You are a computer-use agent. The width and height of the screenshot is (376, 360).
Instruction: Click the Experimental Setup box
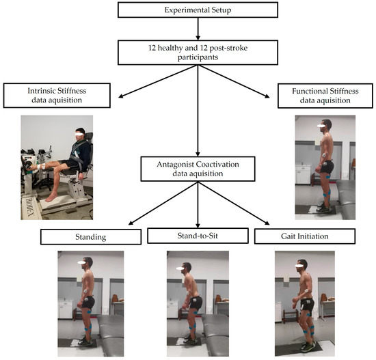[x=197, y=11]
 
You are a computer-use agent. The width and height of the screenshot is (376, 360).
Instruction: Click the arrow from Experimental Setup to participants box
[x=197, y=29]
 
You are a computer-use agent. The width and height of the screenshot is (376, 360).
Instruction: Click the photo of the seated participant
[x=58, y=167]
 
